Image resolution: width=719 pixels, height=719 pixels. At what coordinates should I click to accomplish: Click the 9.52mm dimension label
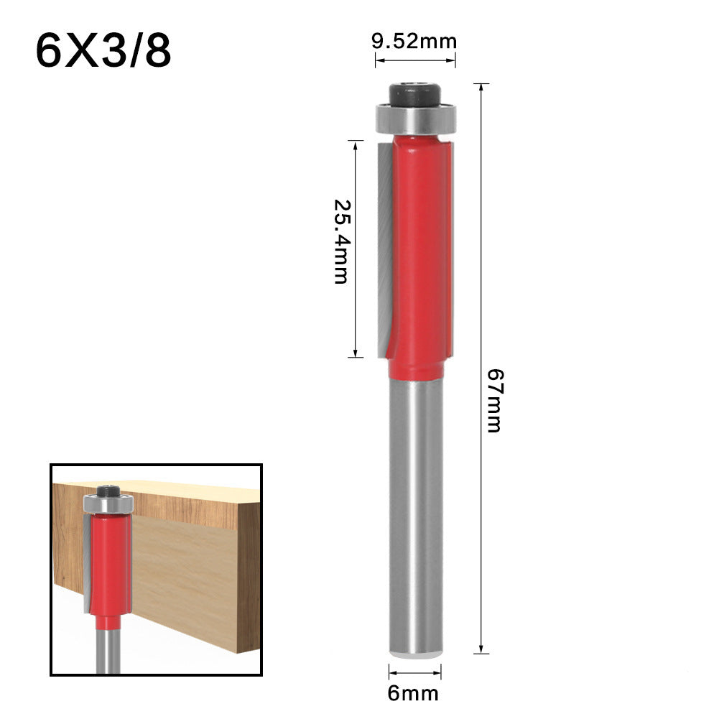tap(414, 41)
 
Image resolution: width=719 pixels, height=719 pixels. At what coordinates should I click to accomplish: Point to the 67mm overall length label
tap(493, 399)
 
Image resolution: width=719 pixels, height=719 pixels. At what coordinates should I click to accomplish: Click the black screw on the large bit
tap(414, 96)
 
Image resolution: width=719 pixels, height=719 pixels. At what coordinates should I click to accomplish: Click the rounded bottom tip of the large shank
tap(415, 651)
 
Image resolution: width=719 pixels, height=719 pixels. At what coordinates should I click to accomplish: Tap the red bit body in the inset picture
tap(108, 560)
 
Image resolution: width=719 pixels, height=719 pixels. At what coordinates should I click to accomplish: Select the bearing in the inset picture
tap(108, 504)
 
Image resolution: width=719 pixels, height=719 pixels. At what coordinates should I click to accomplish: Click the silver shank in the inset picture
tap(108, 650)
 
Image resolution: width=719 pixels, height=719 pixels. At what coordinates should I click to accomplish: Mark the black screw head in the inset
tap(108, 491)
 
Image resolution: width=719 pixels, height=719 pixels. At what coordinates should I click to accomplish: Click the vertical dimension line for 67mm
tap(481, 287)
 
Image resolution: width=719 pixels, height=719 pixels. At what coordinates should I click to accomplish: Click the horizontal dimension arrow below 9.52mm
tap(415, 60)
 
